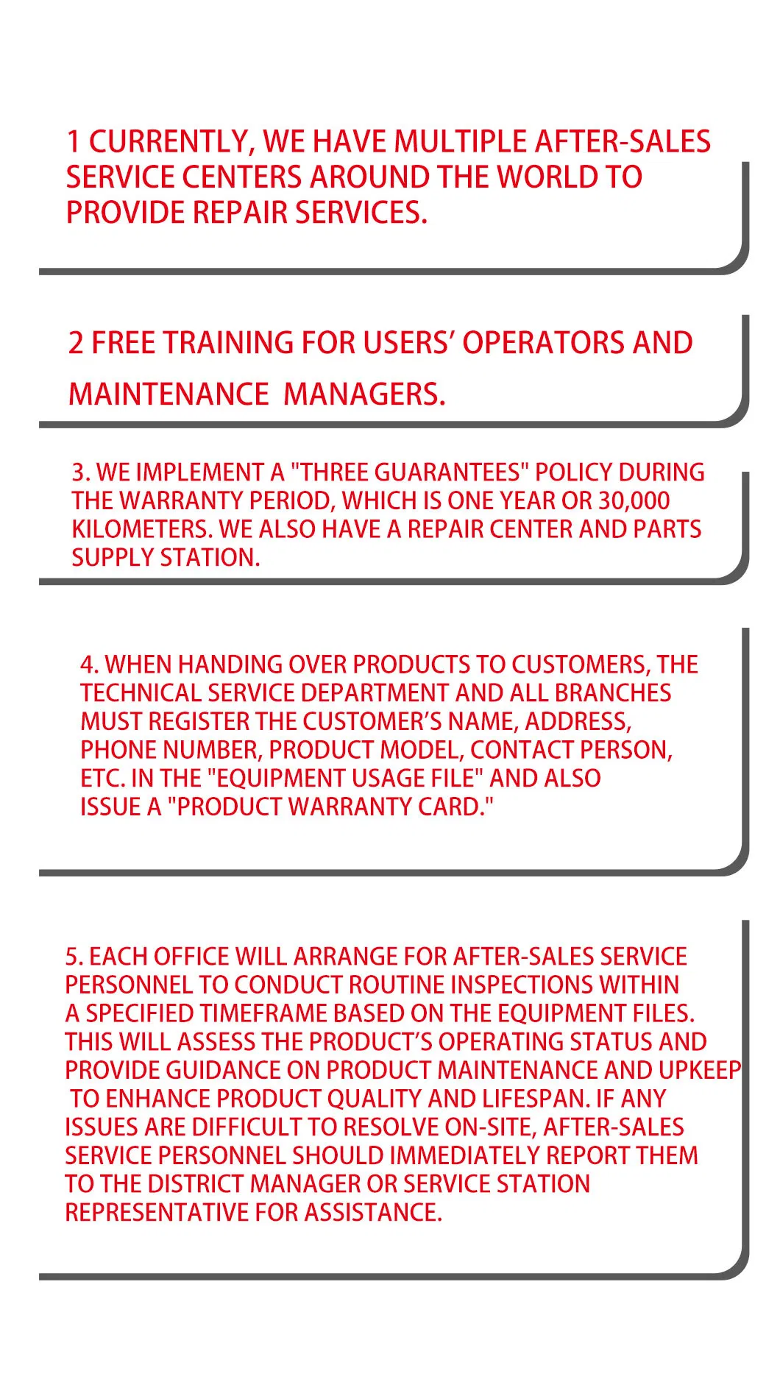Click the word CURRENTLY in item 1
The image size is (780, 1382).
coord(170,141)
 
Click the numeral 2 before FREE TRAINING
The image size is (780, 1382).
coord(76,344)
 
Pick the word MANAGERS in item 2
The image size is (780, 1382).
coord(364,394)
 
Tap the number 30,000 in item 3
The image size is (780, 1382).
coord(634,501)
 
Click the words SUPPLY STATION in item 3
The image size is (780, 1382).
coord(166,558)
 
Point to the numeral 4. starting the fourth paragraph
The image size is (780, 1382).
coord(90,665)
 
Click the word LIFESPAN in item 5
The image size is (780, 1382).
coord(536,1099)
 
